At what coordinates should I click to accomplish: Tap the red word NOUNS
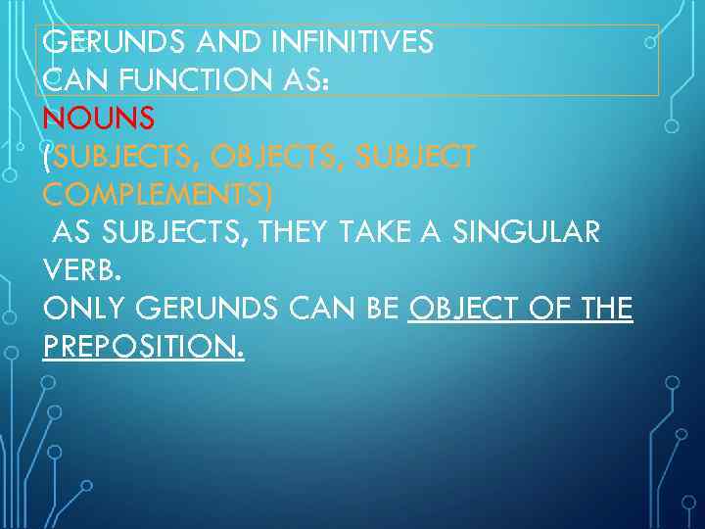click(x=99, y=119)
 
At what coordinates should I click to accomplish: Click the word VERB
click(x=82, y=271)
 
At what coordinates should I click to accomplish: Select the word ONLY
click(x=85, y=310)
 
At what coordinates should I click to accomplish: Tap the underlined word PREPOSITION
click(x=143, y=348)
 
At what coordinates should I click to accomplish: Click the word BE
click(x=380, y=310)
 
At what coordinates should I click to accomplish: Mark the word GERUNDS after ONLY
click(x=209, y=310)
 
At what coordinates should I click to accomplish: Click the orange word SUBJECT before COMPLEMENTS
click(x=417, y=157)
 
